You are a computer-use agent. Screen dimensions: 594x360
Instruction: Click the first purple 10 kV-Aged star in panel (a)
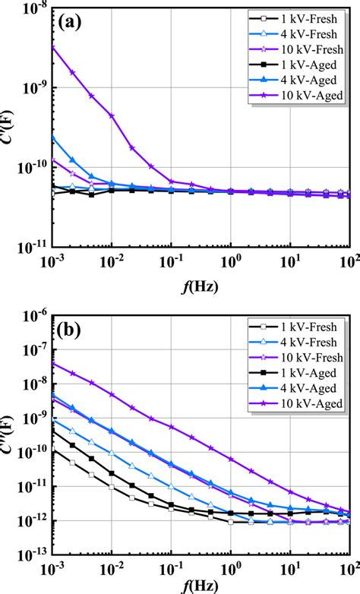tap(52, 48)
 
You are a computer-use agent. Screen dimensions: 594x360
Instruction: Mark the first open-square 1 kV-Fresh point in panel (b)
tap(52, 450)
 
